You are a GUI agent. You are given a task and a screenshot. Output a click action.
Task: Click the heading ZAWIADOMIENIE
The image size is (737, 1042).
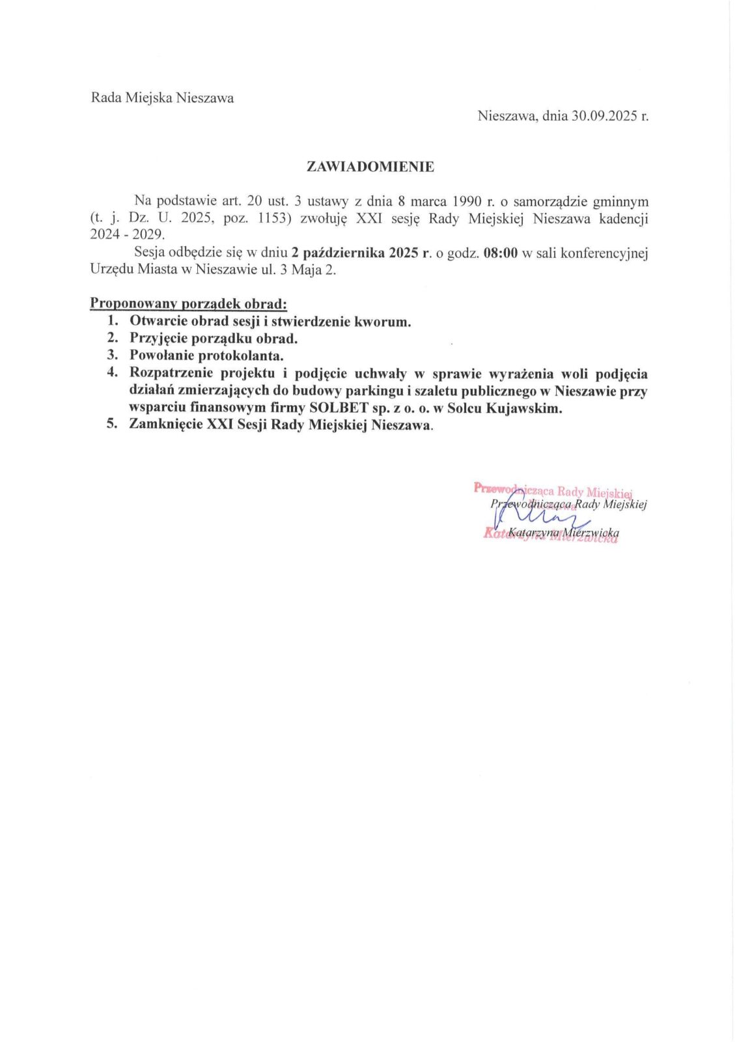coord(370,167)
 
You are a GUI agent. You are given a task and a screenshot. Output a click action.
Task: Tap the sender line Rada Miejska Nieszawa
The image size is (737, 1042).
coord(162,98)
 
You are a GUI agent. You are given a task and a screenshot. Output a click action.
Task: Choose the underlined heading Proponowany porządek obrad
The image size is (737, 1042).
coord(188,303)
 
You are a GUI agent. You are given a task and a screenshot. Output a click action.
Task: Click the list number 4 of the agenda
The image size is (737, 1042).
coord(113,373)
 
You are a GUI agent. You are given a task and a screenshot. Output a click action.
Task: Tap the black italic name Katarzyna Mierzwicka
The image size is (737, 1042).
coord(564,533)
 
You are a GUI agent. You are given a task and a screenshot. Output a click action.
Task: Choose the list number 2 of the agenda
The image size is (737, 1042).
coord(113,338)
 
